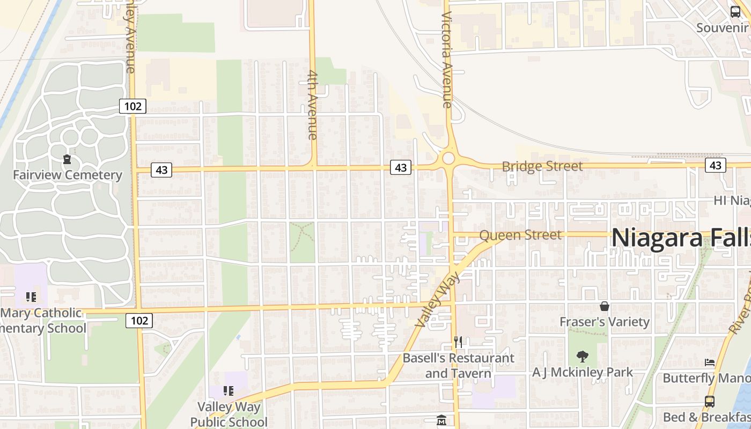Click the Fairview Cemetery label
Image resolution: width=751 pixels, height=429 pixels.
(x=68, y=175)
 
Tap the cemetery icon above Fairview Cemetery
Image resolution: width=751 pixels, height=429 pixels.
(x=67, y=159)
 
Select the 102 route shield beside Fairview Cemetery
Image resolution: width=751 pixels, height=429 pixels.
(x=132, y=106)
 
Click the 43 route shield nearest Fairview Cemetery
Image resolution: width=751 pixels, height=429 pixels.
(x=161, y=170)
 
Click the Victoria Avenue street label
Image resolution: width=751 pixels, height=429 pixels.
(x=447, y=59)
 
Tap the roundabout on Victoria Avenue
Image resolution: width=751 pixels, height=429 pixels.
(x=448, y=158)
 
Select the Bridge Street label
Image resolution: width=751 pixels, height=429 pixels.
(x=542, y=166)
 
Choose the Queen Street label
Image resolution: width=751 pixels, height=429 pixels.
(x=520, y=235)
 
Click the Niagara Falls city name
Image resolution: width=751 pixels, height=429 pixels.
(x=680, y=238)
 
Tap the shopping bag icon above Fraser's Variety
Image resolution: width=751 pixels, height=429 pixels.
(x=605, y=306)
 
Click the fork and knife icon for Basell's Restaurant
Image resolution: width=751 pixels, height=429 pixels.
(x=458, y=342)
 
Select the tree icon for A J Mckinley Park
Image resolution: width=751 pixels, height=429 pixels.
(x=583, y=357)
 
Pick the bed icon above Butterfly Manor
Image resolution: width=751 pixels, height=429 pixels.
(x=710, y=363)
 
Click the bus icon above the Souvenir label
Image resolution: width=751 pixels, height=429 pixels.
(x=735, y=12)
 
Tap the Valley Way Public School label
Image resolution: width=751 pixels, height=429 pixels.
(x=229, y=414)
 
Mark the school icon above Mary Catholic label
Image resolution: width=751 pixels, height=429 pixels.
(x=31, y=297)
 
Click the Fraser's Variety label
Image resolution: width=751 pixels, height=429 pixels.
(x=605, y=322)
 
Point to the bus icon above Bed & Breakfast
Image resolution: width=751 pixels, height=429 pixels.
(x=710, y=401)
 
